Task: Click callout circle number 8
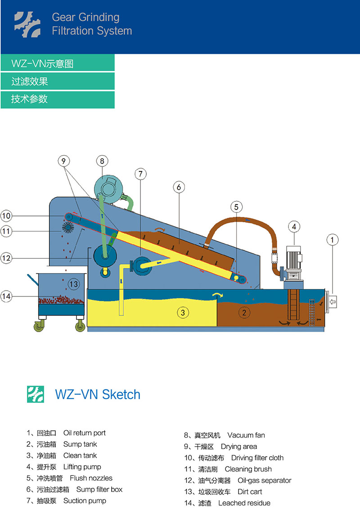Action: [102, 161]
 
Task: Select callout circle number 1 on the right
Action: [332, 240]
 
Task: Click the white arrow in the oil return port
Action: [333, 301]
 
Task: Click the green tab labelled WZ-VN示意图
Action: [58, 63]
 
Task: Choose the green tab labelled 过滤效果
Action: [58, 81]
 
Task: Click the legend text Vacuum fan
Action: [246, 435]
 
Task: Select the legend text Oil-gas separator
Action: [265, 481]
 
